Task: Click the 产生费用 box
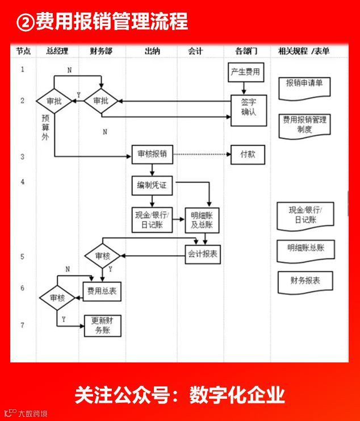click(245, 72)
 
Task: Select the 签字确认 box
click(248, 107)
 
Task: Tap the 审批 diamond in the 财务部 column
click(101, 101)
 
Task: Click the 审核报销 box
click(152, 154)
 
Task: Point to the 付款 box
click(248, 154)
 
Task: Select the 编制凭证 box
click(152, 185)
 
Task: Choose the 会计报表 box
click(203, 253)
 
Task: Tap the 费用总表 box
click(102, 291)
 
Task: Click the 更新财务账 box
click(102, 326)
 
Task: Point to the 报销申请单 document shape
click(304, 84)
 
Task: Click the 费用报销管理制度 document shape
click(304, 124)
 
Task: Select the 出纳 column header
click(152, 51)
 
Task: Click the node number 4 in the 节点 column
click(23, 182)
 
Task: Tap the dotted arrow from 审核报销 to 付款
click(202, 154)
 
